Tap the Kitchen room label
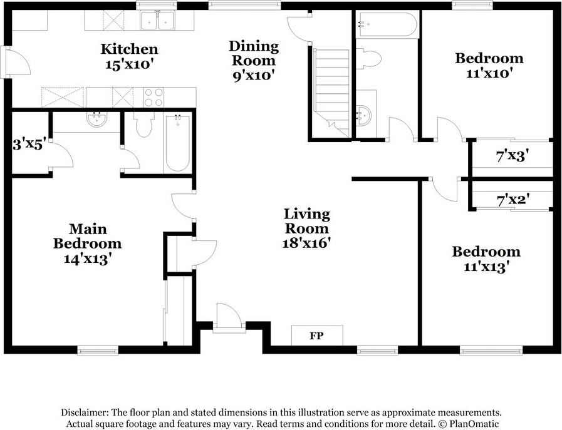pos(130,49)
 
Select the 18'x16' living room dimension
pos(306,242)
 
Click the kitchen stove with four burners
pos(154,98)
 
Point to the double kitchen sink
pos(157,22)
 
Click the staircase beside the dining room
pos(332,88)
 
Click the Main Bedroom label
pos(87,236)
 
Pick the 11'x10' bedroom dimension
pos(489,73)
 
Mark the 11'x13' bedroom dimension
pos(486,267)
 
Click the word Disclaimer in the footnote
pos(84,412)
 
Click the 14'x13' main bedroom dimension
pos(87,258)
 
